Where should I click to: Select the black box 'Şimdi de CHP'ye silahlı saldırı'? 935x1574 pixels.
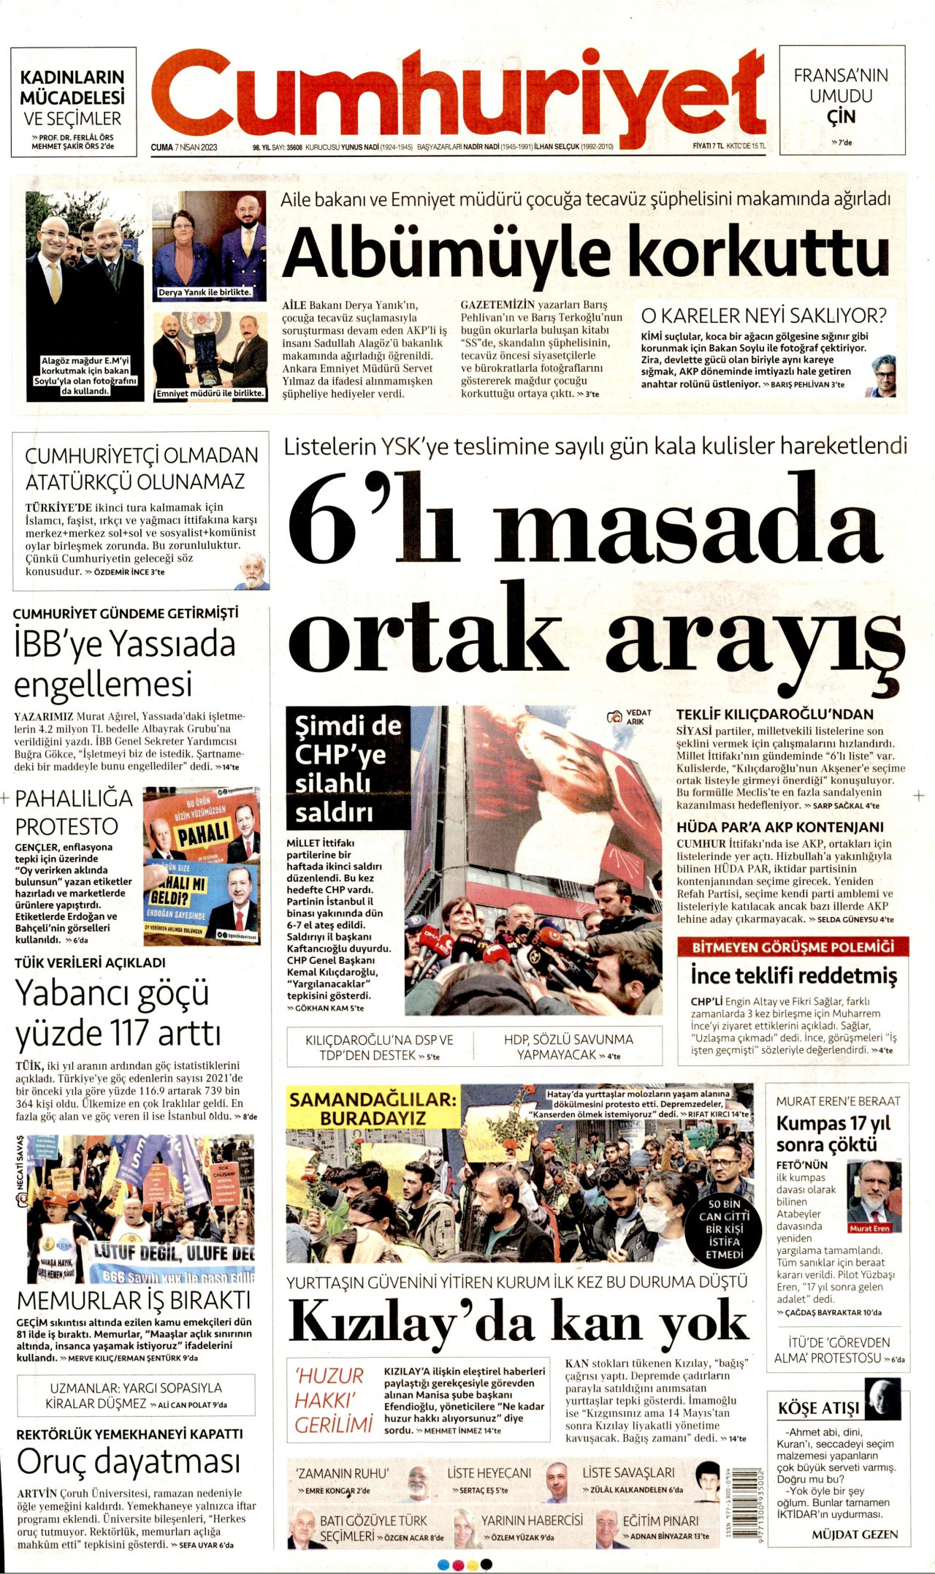348,768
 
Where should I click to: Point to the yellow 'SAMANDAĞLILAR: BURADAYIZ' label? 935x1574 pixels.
373,1109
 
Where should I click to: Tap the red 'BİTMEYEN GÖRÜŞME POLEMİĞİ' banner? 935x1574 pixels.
793,947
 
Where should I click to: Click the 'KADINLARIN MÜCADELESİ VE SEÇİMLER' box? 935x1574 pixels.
73,102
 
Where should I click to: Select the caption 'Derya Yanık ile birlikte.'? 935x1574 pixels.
205,292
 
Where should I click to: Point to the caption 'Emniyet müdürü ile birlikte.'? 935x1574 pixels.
210,393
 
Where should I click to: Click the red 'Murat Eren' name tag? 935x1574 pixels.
869,1228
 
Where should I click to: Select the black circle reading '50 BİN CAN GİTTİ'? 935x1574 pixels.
724,1229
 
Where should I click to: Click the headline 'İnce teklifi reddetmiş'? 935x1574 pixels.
794,976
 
